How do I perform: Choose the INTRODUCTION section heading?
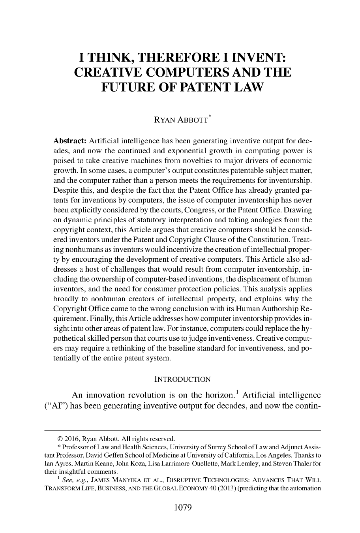[182, 379]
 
